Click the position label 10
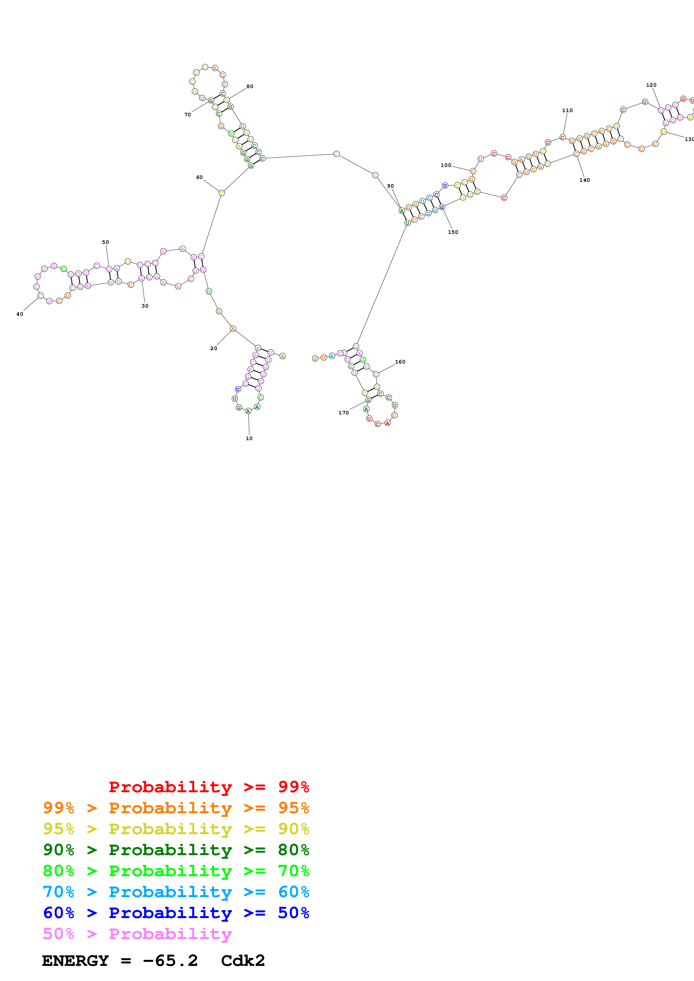(249, 438)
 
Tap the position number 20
(213, 348)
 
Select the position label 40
(20, 314)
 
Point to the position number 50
(105, 242)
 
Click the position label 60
(199, 177)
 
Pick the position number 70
(187, 114)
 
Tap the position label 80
(250, 86)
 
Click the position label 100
(446, 165)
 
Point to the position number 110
(567, 110)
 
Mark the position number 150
(453, 232)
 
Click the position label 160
(400, 362)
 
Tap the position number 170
(344, 413)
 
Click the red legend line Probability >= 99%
(209, 787)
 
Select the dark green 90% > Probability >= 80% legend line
(176, 850)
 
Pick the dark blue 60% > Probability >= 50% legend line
(176, 913)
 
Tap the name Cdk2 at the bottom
(243, 961)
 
